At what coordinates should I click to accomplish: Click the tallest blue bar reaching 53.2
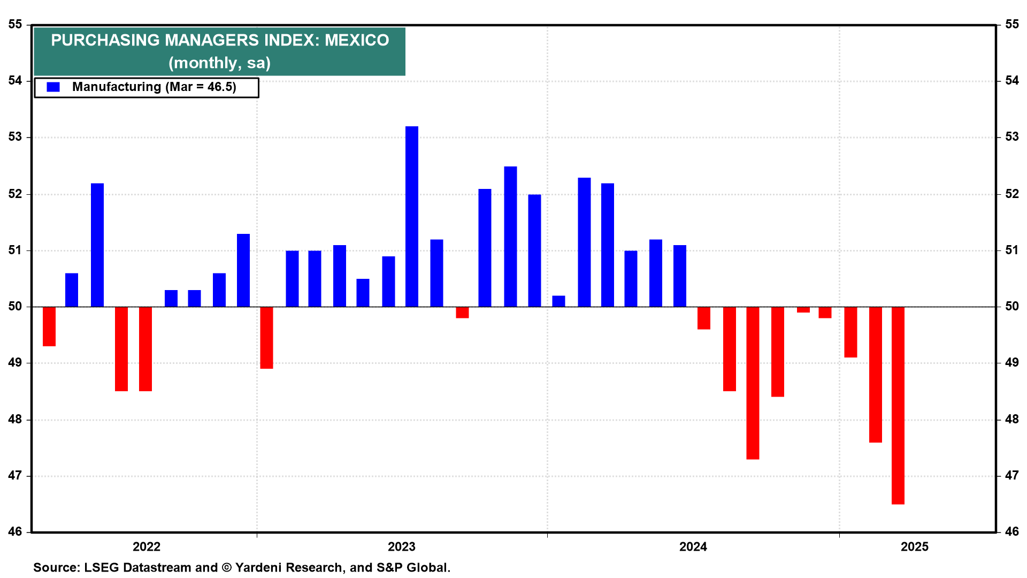pyautogui.click(x=411, y=216)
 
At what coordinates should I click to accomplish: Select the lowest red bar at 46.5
pyautogui.click(x=898, y=405)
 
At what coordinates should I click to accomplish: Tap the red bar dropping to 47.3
pyautogui.click(x=753, y=383)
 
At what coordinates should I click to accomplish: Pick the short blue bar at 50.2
pyautogui.click(x=558, y=301)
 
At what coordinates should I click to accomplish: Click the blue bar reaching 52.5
pyautogui.click(x=510, y=237)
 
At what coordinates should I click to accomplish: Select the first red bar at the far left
pyautogui.click(x=49, y=326)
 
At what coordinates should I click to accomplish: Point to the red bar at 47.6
pyautogui.click(x=875, y=375)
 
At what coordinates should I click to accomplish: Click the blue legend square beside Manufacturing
pyautogui.click(x=53, y=87)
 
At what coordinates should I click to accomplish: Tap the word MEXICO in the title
pyautogui.click(x=357, y=40)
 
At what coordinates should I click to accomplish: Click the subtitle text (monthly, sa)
pyautogui.click(x=219, y=63)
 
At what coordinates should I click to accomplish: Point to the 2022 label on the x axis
pyautogui.click(x=147, y=546)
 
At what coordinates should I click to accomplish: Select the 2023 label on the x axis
pyautogui.click(x=401, y=546)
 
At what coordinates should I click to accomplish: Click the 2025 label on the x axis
pyautogui.click(x=914, y=546)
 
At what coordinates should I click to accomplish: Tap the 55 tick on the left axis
pyautogui.click(x=15, y=25)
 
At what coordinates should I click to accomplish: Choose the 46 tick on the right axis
pyautogui.click(x=1011, y=532)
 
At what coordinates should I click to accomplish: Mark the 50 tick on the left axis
pyautogui.click(x=15, y=307)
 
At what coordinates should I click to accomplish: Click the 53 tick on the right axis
pyautogui.click(x=1011, y=137)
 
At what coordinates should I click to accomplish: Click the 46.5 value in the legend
pyautogui.click(x=221, y=87)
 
